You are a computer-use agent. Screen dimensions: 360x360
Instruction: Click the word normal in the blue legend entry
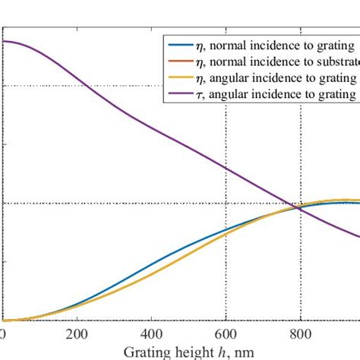(227, 46)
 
